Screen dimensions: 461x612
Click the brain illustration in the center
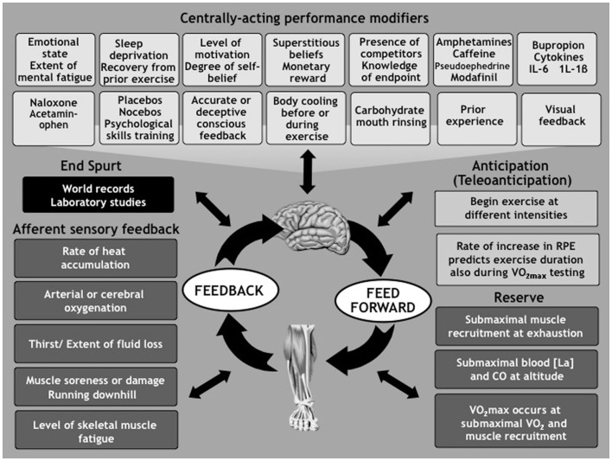(306, 215)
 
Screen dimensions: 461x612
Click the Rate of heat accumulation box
(95, 258)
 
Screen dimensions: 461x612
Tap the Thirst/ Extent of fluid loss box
(95, 343)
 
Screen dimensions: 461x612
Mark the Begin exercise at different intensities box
(517, 208)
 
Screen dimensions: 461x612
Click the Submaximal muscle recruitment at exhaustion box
(517, 325)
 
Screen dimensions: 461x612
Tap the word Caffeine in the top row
(475, 56)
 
